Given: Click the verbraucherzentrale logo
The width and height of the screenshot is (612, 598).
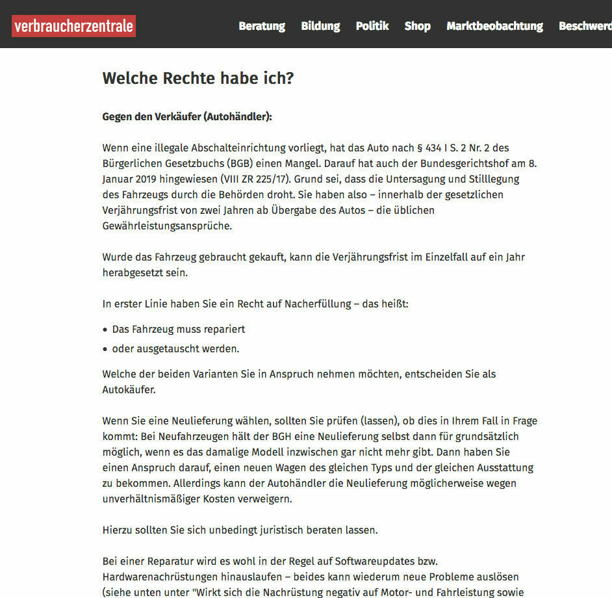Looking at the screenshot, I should coord(73,26).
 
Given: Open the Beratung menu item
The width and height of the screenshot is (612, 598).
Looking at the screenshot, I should coord(262,26).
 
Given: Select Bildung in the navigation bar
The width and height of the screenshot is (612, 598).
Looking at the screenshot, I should coord(320,26).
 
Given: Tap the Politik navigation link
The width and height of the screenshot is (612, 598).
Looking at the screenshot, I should coord(372,26).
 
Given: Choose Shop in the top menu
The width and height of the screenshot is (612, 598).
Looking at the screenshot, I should coord(417,26).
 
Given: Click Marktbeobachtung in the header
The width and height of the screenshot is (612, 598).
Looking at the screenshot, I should coord(494,26).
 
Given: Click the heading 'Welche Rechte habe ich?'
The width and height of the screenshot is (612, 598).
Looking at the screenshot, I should coord(198,79).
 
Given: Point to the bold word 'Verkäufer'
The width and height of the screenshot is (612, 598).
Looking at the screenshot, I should coord(177,117).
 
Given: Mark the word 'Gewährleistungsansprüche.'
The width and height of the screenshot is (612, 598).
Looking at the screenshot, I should coord(167,226).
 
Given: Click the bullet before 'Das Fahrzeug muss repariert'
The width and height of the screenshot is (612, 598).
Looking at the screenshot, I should coord(105,330).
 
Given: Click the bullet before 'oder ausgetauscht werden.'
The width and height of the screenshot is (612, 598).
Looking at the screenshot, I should coord(105,350).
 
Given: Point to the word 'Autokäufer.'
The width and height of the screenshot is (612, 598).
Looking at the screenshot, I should coord(129,390).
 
